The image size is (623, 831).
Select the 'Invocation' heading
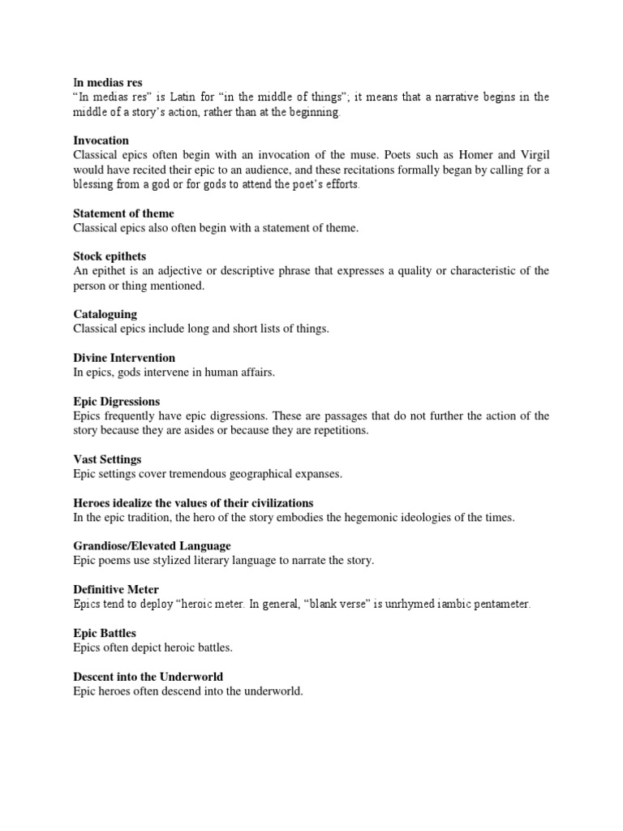click(101, 140)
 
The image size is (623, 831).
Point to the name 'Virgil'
click(531, 155)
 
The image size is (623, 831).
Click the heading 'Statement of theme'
click(123, 213)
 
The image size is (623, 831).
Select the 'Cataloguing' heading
click(105, 314)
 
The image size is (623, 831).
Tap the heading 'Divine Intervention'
click(123, 358)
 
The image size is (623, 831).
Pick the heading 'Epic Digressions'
click(116, 402)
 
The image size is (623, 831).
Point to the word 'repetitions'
click(340, 431)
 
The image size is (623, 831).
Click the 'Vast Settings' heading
click(107, 459)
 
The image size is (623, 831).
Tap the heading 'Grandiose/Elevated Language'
click(152, 546)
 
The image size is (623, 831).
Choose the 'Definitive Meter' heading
click(114, 590)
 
